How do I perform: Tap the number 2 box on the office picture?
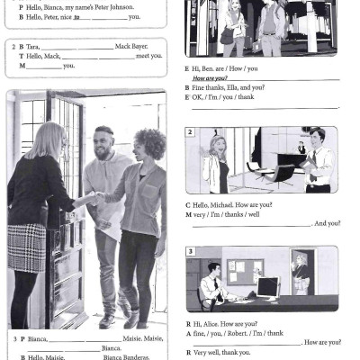190,132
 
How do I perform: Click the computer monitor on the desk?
267,287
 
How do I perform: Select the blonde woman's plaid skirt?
27,247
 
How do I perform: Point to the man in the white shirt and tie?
316,160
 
